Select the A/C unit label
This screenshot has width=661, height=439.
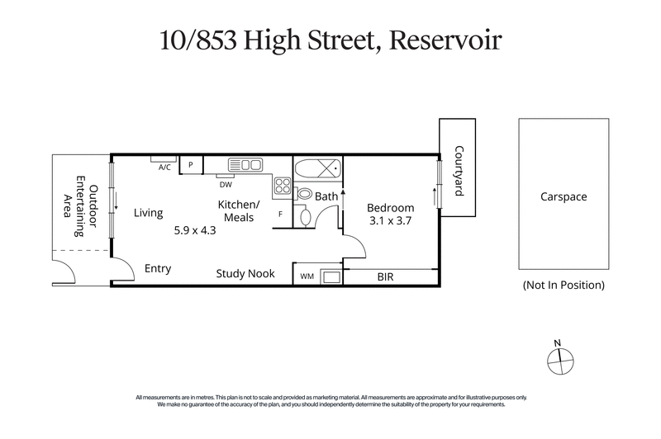164,168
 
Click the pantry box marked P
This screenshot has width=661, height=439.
191,165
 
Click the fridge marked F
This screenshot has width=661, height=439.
281,215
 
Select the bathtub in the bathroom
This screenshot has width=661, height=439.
318,169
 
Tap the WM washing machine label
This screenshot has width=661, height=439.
307,276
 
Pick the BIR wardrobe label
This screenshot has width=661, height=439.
385,276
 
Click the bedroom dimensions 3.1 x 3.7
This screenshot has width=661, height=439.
389,221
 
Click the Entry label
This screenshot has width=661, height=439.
158,268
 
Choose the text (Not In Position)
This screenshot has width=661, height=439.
564,286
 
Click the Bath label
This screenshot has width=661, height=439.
326,196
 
